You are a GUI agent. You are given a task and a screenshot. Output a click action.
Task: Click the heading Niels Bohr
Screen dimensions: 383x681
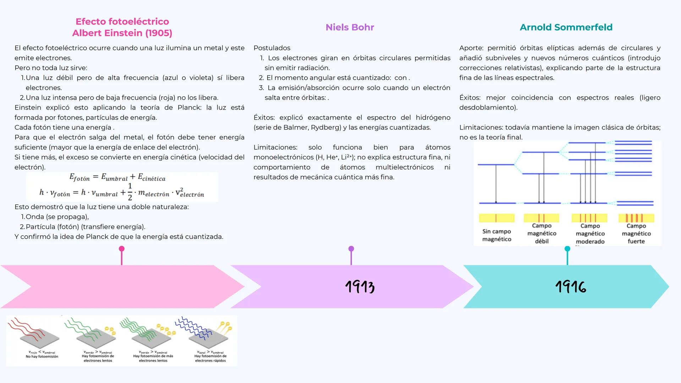(350, 27)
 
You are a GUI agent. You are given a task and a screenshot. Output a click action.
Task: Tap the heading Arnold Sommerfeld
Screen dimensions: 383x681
(566, 27)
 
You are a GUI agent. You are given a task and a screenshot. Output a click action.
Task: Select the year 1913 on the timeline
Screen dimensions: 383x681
(359, 287)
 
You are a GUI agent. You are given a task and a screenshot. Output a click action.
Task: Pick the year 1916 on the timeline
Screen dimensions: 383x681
(571, 287)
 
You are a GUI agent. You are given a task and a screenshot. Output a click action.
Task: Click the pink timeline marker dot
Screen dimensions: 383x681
(122, 249)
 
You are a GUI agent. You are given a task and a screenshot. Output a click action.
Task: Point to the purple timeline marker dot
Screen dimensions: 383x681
(351, 249)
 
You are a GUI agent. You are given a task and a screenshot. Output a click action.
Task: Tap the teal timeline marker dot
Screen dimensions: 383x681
(567, 249)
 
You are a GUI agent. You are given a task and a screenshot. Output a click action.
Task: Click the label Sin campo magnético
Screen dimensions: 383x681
(496, 235)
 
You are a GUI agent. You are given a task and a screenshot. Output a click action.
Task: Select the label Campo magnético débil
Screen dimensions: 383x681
(542, 233)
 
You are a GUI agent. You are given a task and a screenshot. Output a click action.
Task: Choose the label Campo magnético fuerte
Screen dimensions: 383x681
(636, 233)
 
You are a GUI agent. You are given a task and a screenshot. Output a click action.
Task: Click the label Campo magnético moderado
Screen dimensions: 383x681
(590, 233)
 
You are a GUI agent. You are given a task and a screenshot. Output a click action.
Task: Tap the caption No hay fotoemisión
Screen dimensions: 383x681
(42, 356)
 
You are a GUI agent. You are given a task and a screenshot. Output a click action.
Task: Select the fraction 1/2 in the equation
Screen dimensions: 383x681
(130, 192)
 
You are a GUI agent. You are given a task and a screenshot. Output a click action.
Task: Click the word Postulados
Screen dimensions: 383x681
(272, 48)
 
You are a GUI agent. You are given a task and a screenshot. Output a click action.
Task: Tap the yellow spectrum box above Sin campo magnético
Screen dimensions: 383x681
(496, 218)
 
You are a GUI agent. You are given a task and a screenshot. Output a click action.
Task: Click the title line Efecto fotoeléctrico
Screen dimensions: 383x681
(122, 22)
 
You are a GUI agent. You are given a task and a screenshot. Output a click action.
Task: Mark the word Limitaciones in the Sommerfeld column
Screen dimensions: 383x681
(480, 127)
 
